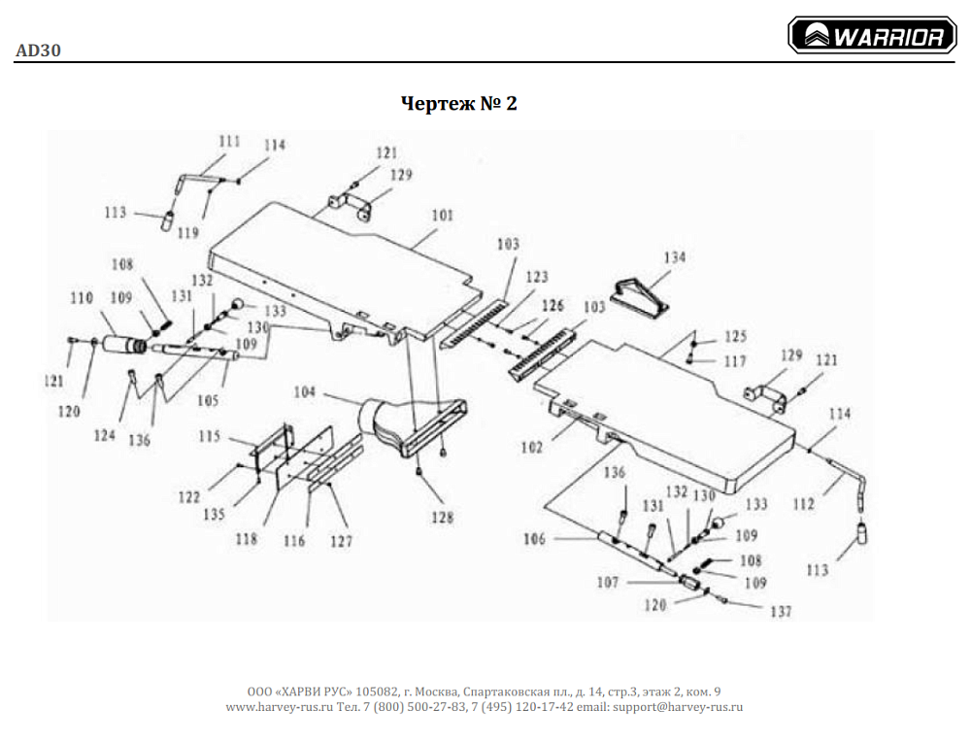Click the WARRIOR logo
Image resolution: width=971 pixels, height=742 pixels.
pyautogui.click(x=871, y=37)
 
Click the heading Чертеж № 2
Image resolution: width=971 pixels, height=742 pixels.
pyautogui.click(x=459, y=103)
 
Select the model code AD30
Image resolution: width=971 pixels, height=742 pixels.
pyautogui.click(x=38, y=51)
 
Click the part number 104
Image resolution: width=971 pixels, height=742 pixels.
pyautogui.click(x=305, y=392)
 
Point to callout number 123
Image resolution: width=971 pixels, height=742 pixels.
pyautogui.click(x=536, y=277)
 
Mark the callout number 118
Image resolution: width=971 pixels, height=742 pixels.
pyautogui.click(x=247, y=539)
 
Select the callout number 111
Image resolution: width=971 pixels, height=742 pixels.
pyautogui.click(x=228, y=142)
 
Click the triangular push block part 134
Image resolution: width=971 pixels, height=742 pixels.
pyautogui.click(x=641, y=294)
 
